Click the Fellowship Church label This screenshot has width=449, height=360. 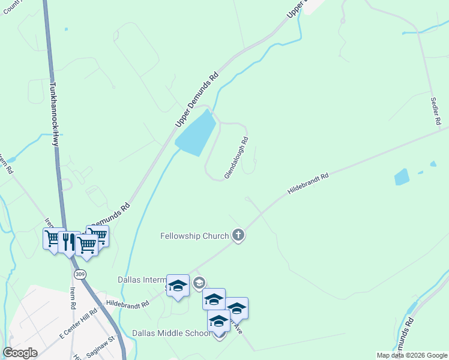(x=194, y=236)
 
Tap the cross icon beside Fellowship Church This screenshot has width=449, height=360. (x=238, y=235)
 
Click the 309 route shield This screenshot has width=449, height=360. (x=80, y=274)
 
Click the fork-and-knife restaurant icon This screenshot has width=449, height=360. (x=69, y=242)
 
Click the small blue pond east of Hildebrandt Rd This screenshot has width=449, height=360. (x=402, y=177)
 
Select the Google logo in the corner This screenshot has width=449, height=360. (x=20, y=353)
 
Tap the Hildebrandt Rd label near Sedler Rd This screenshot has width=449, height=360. (x=309, y=184)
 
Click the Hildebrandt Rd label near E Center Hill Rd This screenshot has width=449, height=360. (x=127, y=304)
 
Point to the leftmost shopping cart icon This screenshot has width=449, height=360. (x=53, y=239)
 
